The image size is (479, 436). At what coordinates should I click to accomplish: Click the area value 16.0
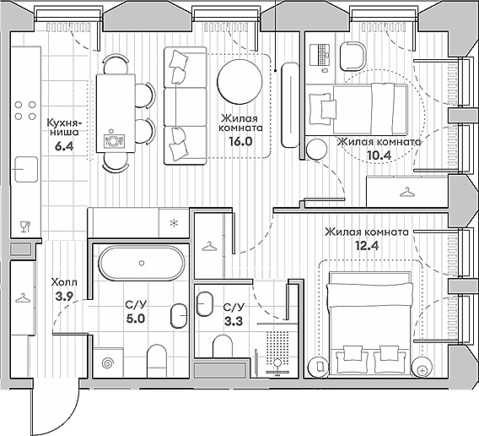click(x=240, y=141)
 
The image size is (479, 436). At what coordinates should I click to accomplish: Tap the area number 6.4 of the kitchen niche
click(x=64, y=146)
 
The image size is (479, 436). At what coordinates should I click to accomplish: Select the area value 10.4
click(x=379, y=155)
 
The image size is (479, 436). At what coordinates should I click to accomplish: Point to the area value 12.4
click(x=367, y=246)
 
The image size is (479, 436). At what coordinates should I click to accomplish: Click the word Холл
click(x=64, y=282)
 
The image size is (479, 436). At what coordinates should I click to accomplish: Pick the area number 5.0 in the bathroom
click(x=136, y=319)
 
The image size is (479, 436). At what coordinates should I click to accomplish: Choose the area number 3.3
click(x=234, y=321)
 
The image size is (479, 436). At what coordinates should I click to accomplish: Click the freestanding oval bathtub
click(x=142, y=263)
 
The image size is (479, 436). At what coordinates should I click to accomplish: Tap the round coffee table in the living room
click(x=239, y=81)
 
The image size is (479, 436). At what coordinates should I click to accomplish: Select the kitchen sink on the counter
click(x=27, y=169)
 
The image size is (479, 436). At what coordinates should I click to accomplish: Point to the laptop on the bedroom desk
click(x=320, y=55)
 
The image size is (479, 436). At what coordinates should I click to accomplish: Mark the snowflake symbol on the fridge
click(x=174, y=223)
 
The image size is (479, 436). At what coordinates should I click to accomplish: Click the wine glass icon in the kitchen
click(x=25, y=226)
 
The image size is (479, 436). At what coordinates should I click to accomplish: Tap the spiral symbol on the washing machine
click(x=108, y=363)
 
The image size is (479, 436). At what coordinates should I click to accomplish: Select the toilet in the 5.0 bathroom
click(x=157, y=361)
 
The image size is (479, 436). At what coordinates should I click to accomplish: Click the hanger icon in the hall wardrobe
click(x=23, y=297)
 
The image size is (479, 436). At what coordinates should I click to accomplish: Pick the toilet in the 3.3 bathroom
click(x=223, y=346)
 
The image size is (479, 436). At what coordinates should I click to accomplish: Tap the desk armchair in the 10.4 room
click(x=353, y=57)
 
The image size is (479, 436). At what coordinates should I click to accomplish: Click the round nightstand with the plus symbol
click(x=422, y=367)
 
